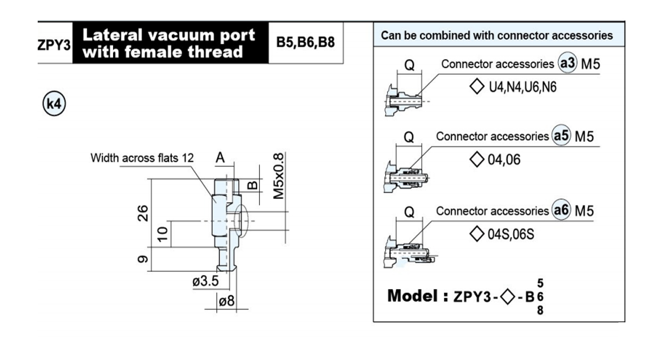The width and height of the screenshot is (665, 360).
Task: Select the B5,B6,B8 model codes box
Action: [x=306, y=43]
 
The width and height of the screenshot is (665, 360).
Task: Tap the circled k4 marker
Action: [x=54, y=103]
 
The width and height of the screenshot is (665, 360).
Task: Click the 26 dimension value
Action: [x=143, y=213]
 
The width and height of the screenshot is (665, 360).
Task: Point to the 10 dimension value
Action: [x=163, y=234]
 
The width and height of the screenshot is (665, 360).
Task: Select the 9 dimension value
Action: [x=143, y=259]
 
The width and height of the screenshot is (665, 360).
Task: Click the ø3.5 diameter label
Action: [x=206, y=281]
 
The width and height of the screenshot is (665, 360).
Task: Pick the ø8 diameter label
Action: [x=227, y=301]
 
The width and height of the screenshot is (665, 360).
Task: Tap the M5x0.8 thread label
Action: [x=278, y=176]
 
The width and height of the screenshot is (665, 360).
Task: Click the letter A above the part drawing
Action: [x=220, y=158]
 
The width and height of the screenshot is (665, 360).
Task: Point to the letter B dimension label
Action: [x=253, y=186]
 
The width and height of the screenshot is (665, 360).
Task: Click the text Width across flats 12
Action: [x=142, y=158]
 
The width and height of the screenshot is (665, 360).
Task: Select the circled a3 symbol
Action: [x=567, y=63]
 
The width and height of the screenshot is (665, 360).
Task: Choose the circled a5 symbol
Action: [x=561, y=135]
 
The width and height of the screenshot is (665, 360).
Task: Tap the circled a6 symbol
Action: [x=561, y=210]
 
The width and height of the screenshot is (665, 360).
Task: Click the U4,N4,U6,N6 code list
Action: [x=523, y=88]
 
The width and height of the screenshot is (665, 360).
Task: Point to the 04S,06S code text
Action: [x=510, y=234]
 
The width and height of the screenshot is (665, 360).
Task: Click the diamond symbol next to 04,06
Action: [x=477, y=160]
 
